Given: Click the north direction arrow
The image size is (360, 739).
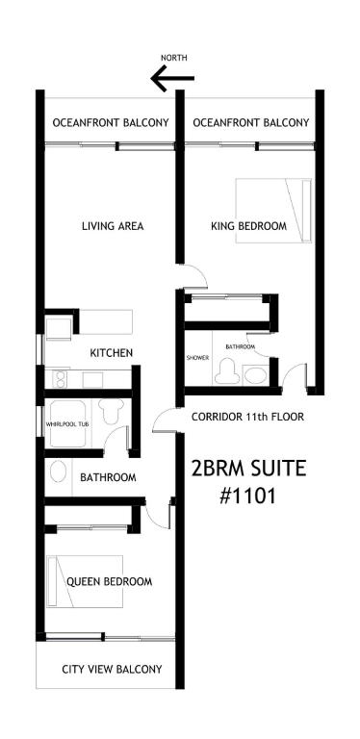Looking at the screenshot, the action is point(172,78).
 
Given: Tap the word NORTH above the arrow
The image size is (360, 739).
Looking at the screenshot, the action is point(174,58).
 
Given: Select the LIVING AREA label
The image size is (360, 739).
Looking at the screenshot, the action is point(113,226).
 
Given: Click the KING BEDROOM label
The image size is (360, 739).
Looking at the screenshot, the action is point(248,226).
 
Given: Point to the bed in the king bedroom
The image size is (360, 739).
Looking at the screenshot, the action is point(273,211).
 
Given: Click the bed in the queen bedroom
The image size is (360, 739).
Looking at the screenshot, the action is point(85,581).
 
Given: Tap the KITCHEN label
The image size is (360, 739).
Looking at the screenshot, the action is point(112,352).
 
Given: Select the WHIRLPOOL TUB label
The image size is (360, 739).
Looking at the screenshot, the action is point(67,424).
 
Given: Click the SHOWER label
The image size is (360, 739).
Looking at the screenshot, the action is point(197,358).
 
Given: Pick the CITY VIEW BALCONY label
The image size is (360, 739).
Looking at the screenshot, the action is point(113,670).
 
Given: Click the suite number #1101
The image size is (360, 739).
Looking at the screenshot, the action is point(247,497).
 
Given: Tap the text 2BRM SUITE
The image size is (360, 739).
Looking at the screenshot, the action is point(248,470).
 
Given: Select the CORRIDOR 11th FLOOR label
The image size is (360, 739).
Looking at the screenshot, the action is point(247,417).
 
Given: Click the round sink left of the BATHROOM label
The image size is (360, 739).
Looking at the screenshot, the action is point(58,471).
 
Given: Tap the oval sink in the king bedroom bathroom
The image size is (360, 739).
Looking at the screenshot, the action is point(256,375).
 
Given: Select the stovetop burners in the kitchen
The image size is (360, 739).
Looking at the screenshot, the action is point(61,379).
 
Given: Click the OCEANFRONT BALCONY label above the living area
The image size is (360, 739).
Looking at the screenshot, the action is point(111,123).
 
